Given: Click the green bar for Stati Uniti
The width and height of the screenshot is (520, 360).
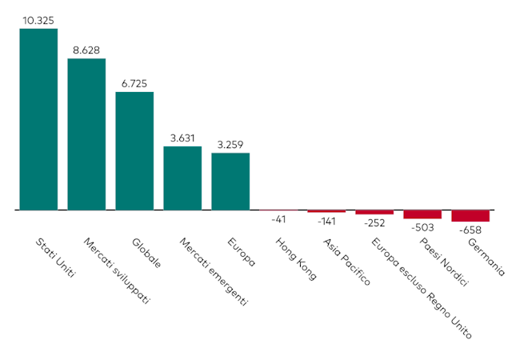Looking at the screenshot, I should [38, 119].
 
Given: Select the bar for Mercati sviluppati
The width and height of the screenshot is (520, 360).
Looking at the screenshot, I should [86, 134].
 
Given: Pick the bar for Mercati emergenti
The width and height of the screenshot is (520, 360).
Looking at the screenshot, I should [182, 178].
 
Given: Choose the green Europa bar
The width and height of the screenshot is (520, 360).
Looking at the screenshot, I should [230, 181].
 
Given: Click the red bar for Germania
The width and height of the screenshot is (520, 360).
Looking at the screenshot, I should [470, 216].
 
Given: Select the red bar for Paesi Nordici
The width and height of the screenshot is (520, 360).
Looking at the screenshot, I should [422, 214].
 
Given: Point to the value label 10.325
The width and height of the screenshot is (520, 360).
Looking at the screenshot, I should [38, 21].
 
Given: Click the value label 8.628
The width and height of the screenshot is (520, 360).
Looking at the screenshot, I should [86, 50].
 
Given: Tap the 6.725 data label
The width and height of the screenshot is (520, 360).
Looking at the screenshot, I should [134, 83].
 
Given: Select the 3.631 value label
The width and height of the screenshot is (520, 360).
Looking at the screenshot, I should [182, 138].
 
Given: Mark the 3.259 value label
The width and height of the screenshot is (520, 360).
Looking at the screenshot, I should [230, 144].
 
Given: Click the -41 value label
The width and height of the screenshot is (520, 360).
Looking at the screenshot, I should [278, 218].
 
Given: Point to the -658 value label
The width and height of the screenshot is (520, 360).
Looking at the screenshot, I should [470, 230].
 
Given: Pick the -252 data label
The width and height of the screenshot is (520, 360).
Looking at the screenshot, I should [374, 223].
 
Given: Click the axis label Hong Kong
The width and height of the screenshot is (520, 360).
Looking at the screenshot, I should [295, 258].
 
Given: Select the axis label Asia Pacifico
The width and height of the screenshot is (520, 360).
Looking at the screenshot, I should [346, 262].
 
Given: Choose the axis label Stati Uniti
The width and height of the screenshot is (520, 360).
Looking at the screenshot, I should [56, 257].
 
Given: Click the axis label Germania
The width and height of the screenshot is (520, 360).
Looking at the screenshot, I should [486, 257].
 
